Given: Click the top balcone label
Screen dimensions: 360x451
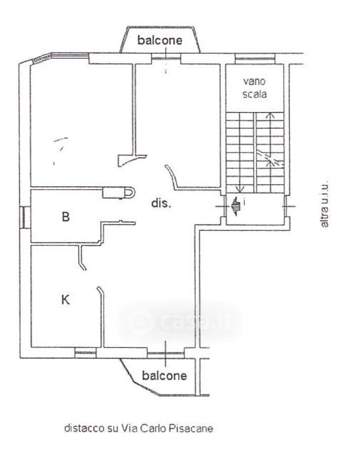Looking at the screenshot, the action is coord(160,40).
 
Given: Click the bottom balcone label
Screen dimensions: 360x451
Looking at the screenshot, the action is coord(164,375).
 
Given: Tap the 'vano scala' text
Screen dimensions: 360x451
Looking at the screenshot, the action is coord(254,88).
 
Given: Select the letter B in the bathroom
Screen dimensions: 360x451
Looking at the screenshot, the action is coord(66,216).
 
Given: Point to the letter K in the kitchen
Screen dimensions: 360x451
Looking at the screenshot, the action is coord(66,300).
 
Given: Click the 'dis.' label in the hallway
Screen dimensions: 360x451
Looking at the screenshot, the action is coord(161,203).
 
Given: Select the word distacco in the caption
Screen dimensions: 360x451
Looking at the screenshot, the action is coord(84,428).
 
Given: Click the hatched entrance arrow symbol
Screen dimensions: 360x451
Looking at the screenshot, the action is coord(236,206).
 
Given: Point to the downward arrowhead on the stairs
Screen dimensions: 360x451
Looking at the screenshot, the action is coord(240,189).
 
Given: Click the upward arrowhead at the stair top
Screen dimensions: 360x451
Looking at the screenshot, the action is coord(269,115).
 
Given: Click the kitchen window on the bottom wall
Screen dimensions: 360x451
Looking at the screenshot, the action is coord(85,353).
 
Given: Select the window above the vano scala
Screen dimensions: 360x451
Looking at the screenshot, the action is coord(255,59).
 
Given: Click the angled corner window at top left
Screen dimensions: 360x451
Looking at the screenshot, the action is coord(41,58).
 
